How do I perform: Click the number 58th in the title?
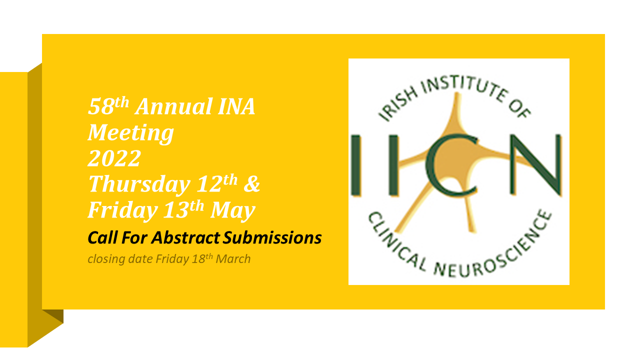(x=108, y=106)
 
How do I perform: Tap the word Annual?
(x=173, y=106)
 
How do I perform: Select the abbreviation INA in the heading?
(x=236, y=106)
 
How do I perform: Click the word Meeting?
(x=131, y=133)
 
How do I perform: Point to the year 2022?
(x=114, y=158)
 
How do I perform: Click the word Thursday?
(x=139, y=185)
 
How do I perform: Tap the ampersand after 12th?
(x=251, y=183)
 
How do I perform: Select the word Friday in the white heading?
(x=123, y=210)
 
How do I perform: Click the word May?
(x=232, y=210)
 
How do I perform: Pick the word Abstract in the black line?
(x=185, y=237)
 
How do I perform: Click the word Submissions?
(x=272, y=237)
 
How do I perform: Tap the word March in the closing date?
(x=233, y=259)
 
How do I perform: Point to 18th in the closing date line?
(x=202, y=258)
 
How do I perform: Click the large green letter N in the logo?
(x=535, y=165)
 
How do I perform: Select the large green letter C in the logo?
(x=451, y=165)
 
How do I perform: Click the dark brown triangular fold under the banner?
(x=56, y=315)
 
